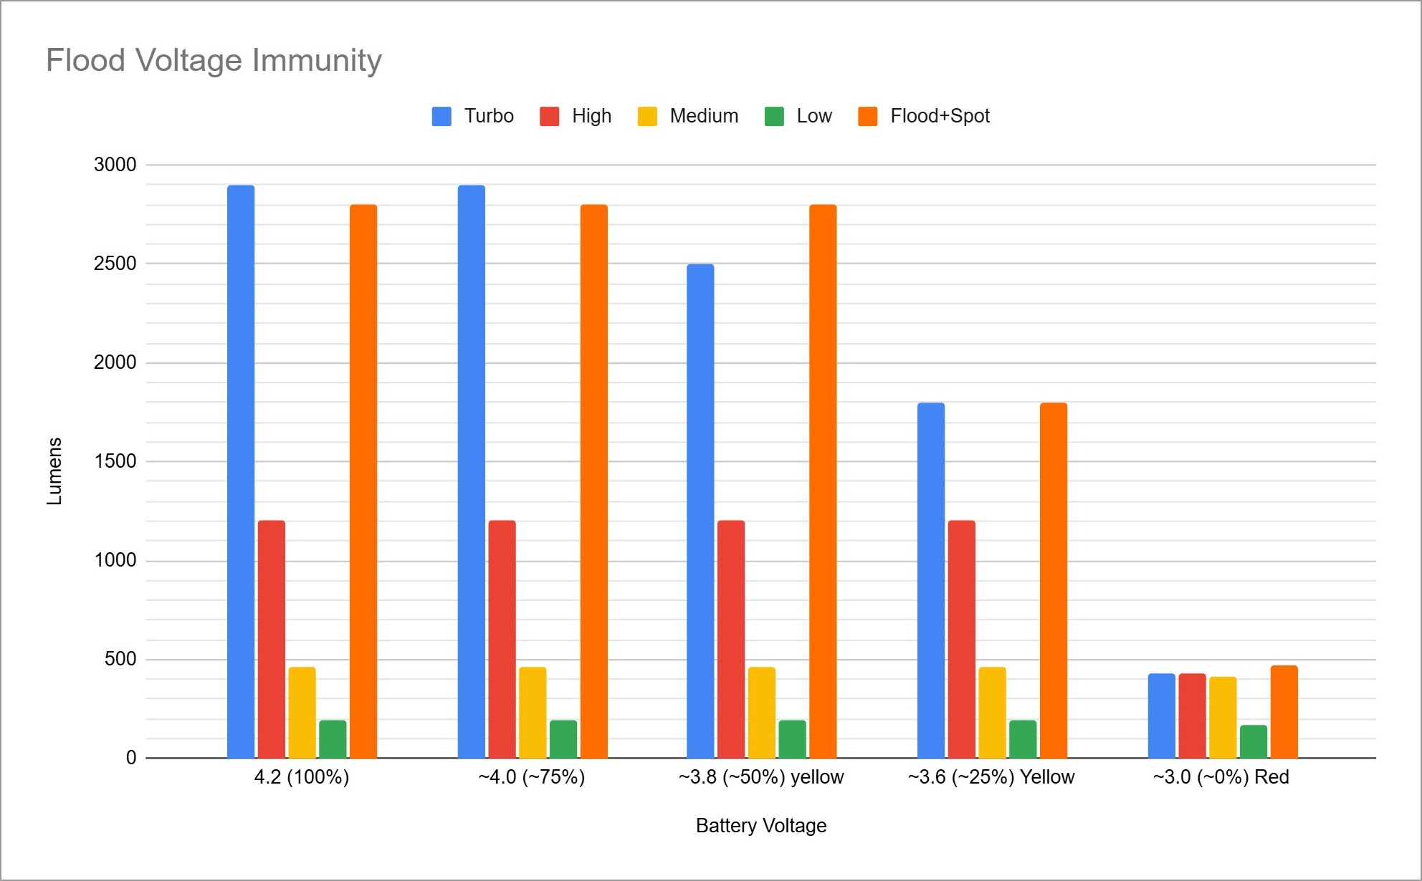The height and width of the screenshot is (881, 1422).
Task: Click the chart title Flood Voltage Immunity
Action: pyautogui.click(x=214, y=60)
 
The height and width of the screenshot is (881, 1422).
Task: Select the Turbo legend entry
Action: pyautogui.click(x=473, y=116)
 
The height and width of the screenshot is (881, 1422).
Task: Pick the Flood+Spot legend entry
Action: pyautogui.click(x=925, y=116)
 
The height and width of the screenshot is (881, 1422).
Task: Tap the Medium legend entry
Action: pyautogui.click(x=688, y=116)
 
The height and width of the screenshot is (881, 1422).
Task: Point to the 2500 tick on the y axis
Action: pyautogui.click(x=115, y=264)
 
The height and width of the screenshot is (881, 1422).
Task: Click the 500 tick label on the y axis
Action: pyautogui.click(x=120, y=659)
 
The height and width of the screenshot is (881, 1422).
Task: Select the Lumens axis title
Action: pyautogui.click(x=54, y=471)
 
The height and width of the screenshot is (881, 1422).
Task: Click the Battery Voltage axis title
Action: pyautogui.click(x=761, y=826)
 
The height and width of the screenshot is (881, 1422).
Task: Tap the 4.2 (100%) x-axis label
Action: pyautogui.click(x=302, y=777)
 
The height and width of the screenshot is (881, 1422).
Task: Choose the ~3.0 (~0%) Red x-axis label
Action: pyautogui.click(x=1221, y=777)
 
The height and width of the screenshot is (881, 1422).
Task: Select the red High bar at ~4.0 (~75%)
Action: pyautogui.click(x=502, y=639)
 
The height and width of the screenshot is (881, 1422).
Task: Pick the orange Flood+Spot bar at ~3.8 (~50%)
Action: pyautogui.click(x=823, y=481)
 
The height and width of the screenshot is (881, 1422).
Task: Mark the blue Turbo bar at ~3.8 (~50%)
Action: pyautogui.click(x=700, y=511)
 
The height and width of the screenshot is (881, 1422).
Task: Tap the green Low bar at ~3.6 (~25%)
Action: pyautogui.click(x=1023, y=739)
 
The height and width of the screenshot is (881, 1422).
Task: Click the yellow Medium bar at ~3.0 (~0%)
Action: pyautogui.click(x=1223, y=717)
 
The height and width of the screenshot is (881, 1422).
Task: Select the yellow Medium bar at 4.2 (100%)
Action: pyautogui.click(x=302, y=713)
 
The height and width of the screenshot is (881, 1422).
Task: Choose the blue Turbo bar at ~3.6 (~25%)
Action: pyautogui.click(x=931, y=580)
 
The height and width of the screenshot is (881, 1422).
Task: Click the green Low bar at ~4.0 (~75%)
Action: pyautogui.click(x=563, y=739)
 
